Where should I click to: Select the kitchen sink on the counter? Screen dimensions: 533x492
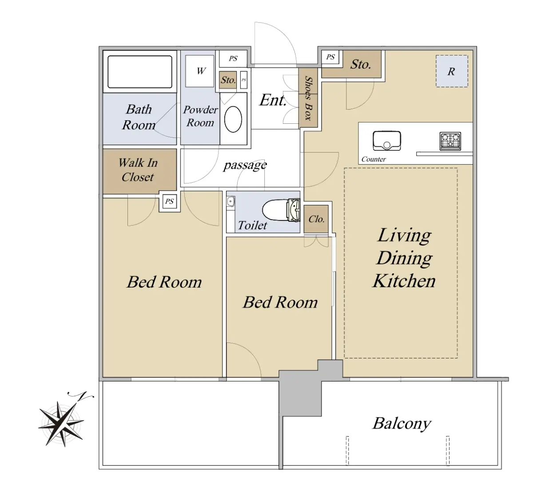[x=387, y=141]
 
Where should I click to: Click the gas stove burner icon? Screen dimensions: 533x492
[x=450, y=141]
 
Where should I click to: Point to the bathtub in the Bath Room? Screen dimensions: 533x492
[x=140, y=72]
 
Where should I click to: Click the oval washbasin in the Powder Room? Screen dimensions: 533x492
[x=233, y=119]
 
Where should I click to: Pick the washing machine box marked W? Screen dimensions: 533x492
[x=200, y=71]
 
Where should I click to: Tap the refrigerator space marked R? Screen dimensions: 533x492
[x=452, y=71]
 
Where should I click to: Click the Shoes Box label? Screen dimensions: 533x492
[x=308, y=98]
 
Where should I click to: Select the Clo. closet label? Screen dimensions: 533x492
[x=316, y=219]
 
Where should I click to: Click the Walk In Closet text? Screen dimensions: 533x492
[x=138, y=170]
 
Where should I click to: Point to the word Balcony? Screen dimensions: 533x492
[x=402, y=424]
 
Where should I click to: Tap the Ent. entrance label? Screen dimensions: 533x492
[x=273, y=100]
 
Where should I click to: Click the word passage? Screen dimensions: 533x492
[x=245, y=165]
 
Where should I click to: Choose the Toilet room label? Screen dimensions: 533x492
[x=252, y=225]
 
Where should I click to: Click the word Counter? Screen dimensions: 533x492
[x=373, y=159]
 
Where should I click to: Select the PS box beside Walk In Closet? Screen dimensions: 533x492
[x=169, y=201]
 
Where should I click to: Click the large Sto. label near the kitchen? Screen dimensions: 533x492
[x=360, y=64]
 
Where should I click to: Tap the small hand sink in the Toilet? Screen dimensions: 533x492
[x=231, y=201]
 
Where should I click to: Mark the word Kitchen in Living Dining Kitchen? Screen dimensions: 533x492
[x=404, y=281]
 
